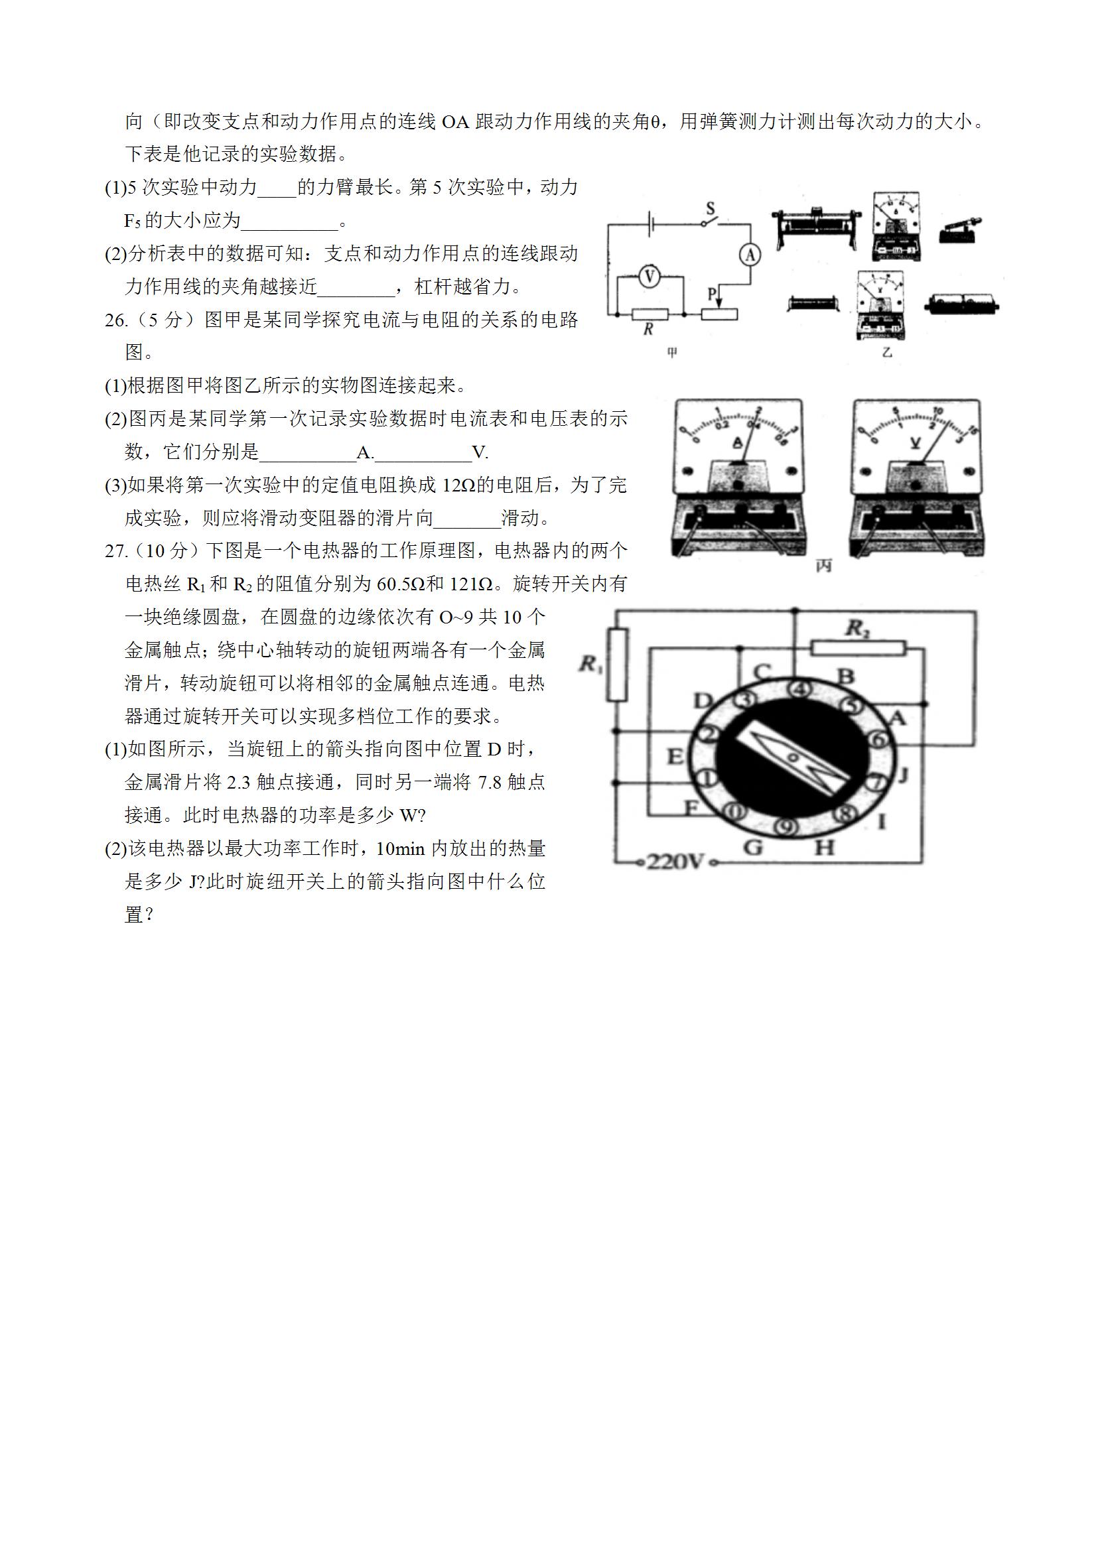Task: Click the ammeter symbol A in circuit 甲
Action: click(x=750, y=255)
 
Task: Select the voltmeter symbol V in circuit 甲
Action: click(x=649, y=276)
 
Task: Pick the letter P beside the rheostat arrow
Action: click(x=711, y=294)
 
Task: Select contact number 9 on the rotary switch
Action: click(x=785, y=826)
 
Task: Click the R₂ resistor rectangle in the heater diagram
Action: click(x=858, y=649)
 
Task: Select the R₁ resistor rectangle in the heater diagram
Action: click(x=617, y=665)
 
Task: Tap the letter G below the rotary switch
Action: click(x=753, y=847)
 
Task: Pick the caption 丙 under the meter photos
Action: click(x=823, y=566)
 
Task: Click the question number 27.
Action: click(x=116, y=552)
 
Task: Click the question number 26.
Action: click(x=116, y=320)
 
